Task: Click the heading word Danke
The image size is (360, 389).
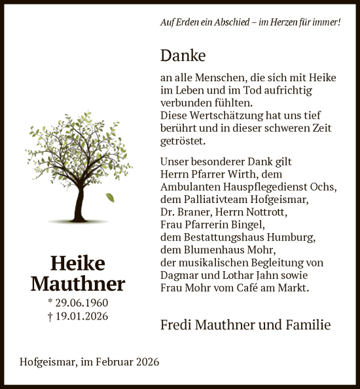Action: click(x=183, y=56)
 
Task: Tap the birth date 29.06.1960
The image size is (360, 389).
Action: click(x=82, y=303)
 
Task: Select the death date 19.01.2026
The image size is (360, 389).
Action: click(x=82, y=316)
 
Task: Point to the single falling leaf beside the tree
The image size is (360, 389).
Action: click(x=110, y=197)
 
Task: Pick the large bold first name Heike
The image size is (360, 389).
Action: click(x=77, y=263)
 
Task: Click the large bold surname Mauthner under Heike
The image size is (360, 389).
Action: click(x=77, y=284)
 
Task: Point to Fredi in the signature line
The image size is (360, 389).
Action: click(x=175, y=325)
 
